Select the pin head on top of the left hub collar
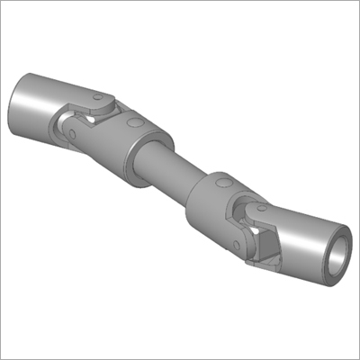(x=134, y=122)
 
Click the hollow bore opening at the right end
(x=336, y=255)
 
